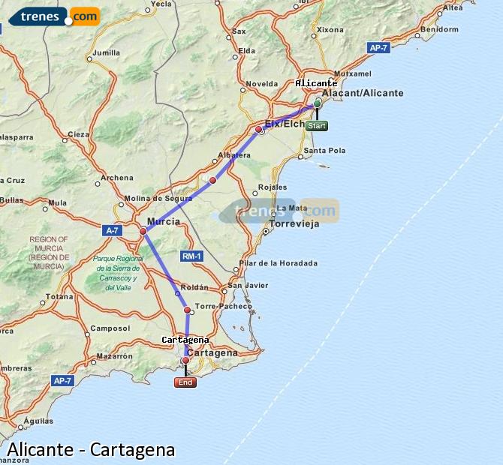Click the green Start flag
pos(317,126)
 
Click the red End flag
pos(185,382)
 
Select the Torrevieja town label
pos(294,223)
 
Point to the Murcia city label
pos(163,222)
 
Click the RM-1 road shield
pos(191,256)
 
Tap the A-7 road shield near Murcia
pos(113,231)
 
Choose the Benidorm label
pos(440,30)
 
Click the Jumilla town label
pos(107,53)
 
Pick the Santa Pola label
pos(325,151)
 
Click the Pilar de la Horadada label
pos(278,263)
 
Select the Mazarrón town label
pos(114,355)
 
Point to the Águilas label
pos(38,421)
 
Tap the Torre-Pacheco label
pos(223,306)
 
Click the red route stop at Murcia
pos(143,232)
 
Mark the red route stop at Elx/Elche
pos(259,130)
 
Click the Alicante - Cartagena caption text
pos(91,450)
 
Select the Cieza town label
pos(78,135)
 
